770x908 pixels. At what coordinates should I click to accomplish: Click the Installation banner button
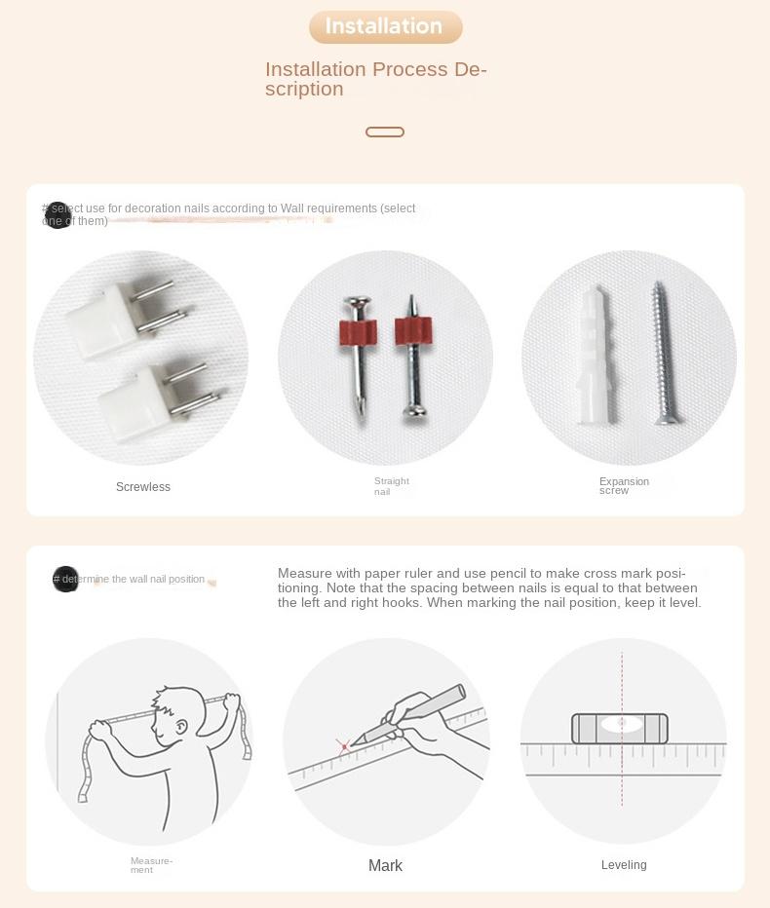coord(385,26)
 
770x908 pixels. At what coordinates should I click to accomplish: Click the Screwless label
coord(143,487)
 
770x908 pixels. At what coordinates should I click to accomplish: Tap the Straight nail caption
coord(392,486)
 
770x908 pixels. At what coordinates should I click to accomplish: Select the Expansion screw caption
coord(624,486)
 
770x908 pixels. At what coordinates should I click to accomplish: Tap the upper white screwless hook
coord(127,316)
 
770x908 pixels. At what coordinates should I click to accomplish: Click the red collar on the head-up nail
coord(358,331)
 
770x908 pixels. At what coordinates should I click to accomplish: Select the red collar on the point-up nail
coord(413,330)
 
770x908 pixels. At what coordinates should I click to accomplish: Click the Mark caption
coord(385,865)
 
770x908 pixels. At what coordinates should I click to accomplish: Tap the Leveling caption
coord(624,864)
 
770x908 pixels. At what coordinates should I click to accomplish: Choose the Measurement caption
coord(151,865)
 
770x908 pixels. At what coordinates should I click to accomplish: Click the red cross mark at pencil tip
coord(344,746)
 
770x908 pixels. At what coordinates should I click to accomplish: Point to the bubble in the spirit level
coord(621,724)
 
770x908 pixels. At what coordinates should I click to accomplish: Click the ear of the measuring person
coord(181,726)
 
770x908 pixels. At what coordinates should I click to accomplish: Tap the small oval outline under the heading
coord(385,132)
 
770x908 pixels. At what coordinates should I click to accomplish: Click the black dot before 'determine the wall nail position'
coord(65,579)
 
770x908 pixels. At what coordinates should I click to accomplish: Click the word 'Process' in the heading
coord(409,69)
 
